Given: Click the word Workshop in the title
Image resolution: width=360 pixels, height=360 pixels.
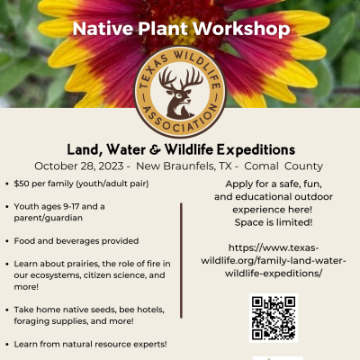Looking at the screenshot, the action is [x=241, y=29].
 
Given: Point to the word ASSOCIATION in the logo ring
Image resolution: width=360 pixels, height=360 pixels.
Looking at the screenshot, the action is [x=180, y=119].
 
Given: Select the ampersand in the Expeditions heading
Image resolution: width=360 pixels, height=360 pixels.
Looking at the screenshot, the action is [x=155, y=149].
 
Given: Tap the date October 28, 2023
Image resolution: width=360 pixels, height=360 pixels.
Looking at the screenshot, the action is [x=79, y=166].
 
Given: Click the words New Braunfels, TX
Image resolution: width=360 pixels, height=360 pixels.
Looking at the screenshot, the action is [x=184, y=166].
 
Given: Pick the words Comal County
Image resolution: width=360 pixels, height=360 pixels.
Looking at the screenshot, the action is [x=283, y=166].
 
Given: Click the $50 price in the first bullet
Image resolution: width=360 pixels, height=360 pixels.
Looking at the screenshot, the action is [x=22, y=184].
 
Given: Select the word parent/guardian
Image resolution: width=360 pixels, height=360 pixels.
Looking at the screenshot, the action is [x=49, y=218].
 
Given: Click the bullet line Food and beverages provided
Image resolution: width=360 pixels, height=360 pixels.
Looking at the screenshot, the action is [x=76, y=241].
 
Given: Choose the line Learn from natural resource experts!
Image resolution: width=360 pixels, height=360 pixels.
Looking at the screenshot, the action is [x=90, y=344].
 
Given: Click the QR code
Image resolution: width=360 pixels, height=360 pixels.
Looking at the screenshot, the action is [x=274, y=318].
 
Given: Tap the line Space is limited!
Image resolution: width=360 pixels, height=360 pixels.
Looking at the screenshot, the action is [x=274, y=222].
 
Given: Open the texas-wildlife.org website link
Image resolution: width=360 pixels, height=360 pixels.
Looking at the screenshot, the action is [x=274, y=261].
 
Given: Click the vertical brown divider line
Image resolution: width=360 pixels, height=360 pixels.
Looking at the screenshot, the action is [x=181, y=260].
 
